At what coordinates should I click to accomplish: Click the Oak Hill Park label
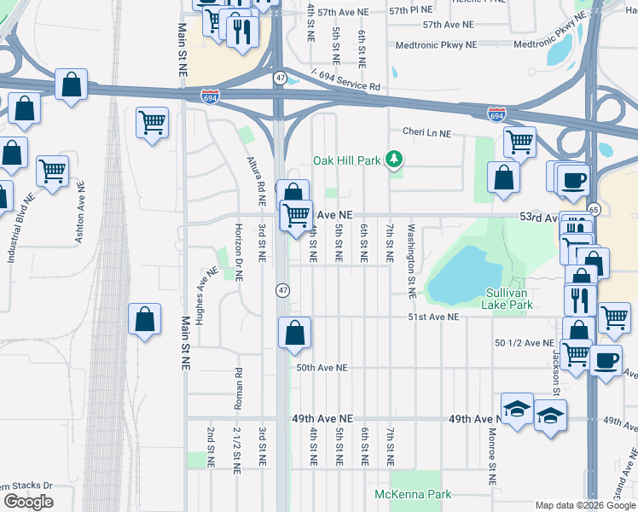coord(347,160)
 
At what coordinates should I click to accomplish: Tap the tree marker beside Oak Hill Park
coord(394,159)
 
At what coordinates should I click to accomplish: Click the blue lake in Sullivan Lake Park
coord(460,275)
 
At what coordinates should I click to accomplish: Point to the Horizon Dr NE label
coord(239,253)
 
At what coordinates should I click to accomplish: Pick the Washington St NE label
coord(410,260)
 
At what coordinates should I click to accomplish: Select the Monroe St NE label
coord(492,465)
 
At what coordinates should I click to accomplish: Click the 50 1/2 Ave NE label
coord(524,343)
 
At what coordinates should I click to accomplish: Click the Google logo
coord(27,502)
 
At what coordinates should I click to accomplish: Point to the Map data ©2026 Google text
coord(585,505)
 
